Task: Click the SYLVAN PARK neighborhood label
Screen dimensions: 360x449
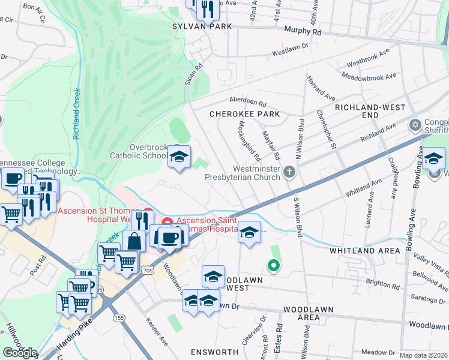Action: pos(193,26)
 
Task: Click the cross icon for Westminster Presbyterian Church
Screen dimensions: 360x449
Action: pos(289,172)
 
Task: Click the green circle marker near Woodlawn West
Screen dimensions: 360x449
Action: pos(273,264)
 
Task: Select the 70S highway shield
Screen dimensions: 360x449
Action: pos(146,272)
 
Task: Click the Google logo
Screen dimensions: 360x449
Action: pos(19,352)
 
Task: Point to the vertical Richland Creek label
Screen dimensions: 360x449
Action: pos(77,114)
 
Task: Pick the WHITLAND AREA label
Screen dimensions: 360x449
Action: pos(361,251)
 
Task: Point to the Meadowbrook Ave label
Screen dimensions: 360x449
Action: pos(369,76)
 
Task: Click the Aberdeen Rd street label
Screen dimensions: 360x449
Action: pos(247,102)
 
